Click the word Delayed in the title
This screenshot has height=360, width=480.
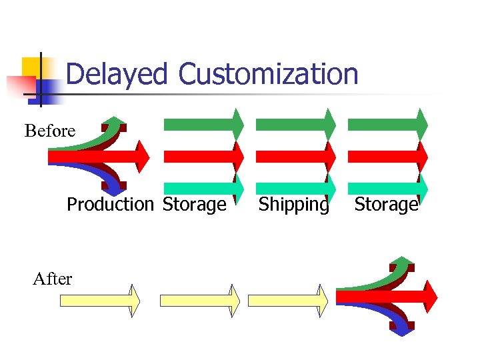click(x=117, y=74)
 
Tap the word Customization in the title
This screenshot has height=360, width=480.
click(x=269, y=74)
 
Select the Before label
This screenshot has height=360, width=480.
click(x=50, y=131)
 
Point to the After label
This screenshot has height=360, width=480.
click(x=52, y=279)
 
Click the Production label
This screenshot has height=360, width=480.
click(x=110, y=204)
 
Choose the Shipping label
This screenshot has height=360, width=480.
click(x=294, y=204)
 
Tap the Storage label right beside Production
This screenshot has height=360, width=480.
click(x=195, y=204)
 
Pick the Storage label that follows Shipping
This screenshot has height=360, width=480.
click(x=386, y=204)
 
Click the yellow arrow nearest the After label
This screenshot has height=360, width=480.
click(x=100, y=301)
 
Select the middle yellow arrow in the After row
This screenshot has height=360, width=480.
click(x=200, y=301)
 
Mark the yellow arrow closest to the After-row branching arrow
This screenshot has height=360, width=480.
click(x=288, y=301)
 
